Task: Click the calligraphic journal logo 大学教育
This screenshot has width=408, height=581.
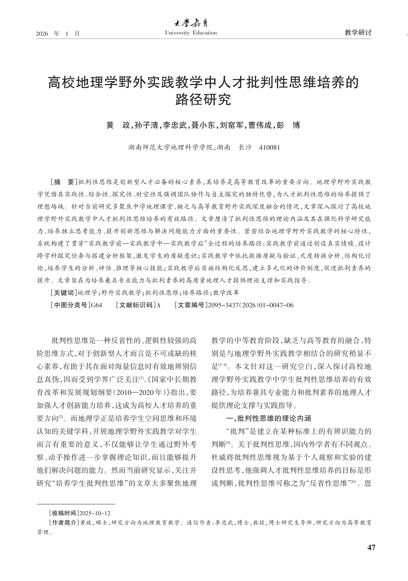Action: point(191,23)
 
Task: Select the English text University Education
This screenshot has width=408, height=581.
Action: point(191,33)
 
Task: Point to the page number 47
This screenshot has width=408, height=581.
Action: point(371,547)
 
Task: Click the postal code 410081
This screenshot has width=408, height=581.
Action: point(270,148)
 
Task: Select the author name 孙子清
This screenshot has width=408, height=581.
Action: point(146,125)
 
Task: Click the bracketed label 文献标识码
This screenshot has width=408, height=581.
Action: point(136,305)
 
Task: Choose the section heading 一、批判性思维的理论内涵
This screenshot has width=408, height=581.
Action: point(268,418)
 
